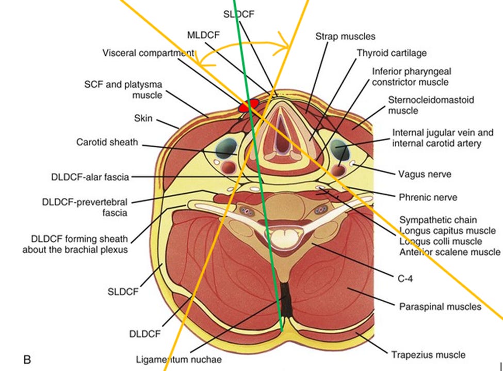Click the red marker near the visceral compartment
click(248, 106)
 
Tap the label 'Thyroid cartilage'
click(392, 53)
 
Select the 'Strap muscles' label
click(345, 36)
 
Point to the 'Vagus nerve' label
click(424, 174)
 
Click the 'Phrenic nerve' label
click(428, 197)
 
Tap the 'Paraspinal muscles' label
click(440, 307)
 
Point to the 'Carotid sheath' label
click(107, 142)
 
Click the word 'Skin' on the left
click(143, 118)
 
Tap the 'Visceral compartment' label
click(148, 53)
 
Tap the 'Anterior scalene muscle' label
click(449, 252)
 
